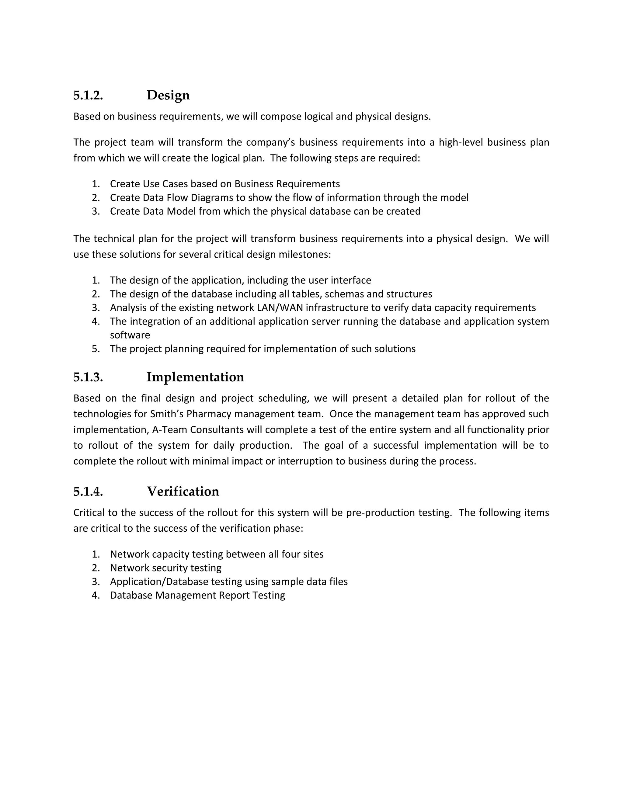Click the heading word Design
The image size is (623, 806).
[168, 95]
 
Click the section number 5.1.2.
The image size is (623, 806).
[88, 95]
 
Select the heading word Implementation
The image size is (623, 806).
[195, 377]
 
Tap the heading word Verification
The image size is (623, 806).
[183, 492]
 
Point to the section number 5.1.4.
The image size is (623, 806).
[88, 492]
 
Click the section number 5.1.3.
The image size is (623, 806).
[88, 377]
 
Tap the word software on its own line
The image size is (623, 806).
[130, 335]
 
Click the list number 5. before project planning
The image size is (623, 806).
[96, 349]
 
